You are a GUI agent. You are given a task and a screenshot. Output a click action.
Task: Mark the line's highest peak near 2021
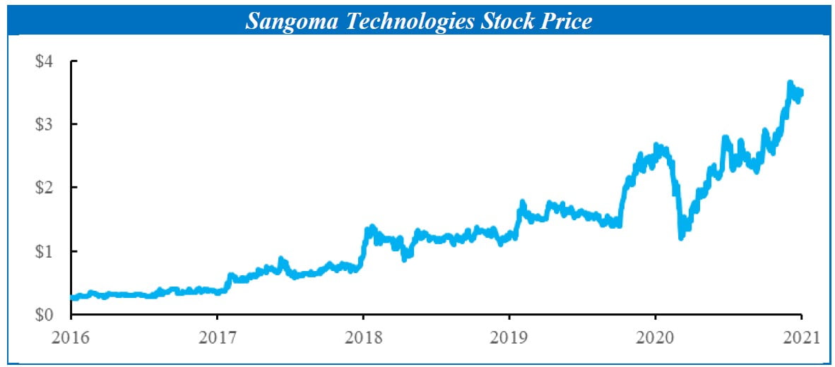click(x=790, y=83)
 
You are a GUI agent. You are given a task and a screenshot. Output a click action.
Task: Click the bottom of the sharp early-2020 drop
click(x=681, y=238)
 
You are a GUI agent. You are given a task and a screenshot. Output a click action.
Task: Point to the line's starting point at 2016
click(x=72, y=298)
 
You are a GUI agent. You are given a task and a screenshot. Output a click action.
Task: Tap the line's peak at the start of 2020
click(x=656, y=145)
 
